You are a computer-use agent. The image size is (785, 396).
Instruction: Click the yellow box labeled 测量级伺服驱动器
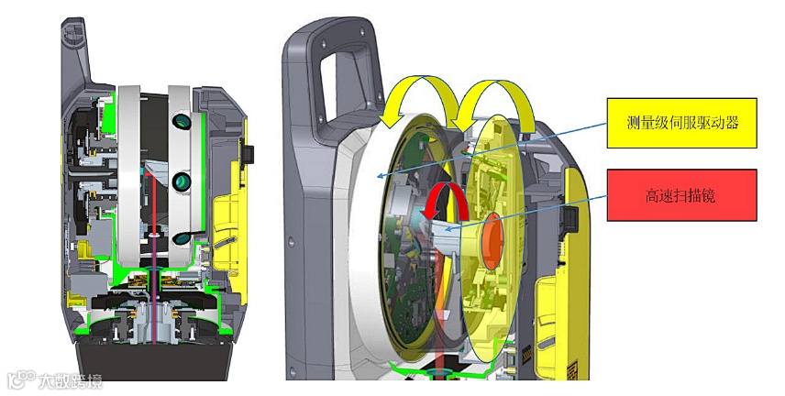tap(681, 123)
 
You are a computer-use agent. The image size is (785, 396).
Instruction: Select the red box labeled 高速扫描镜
tap(681, 195)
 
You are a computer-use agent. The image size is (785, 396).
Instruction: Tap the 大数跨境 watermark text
tap(70, 381)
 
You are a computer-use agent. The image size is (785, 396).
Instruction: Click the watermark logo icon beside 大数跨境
tap(22, 380)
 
